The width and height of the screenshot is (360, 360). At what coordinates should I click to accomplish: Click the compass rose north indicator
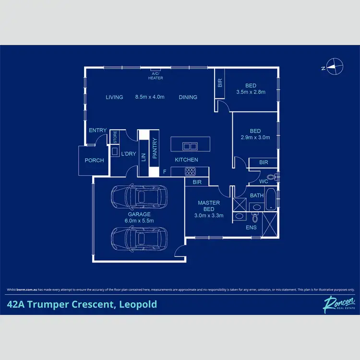pos(334,66)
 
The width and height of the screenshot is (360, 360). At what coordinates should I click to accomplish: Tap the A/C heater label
pos(156,76)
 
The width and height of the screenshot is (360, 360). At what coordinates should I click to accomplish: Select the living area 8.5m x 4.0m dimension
pos(150,97)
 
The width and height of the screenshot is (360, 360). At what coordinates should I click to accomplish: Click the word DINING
pos(188,97)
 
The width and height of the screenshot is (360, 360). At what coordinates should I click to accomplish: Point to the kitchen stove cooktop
pos(190,170)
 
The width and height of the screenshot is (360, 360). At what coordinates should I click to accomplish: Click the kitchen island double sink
pos(190,146)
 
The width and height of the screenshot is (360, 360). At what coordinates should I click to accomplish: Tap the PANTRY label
pos(155,148)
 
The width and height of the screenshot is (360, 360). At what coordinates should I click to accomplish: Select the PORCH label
pos(94,160)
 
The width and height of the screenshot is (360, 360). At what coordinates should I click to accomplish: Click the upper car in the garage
pos(138,196)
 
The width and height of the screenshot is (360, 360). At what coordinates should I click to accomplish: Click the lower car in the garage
pos(138,238)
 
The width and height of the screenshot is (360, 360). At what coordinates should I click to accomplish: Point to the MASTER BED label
pos(209,206)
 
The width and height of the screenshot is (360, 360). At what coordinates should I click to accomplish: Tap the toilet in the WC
pos(271,177)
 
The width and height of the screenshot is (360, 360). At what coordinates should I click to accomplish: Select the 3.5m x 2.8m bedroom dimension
pos(251,92)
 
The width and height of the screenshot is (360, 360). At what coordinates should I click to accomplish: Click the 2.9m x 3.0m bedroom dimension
pos(255,137)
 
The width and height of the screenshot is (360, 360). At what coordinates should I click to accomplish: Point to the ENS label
pos(251,227)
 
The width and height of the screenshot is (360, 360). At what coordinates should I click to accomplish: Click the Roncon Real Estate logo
pos(334,304)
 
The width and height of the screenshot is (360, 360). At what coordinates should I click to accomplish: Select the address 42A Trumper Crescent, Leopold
pos(82,304)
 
